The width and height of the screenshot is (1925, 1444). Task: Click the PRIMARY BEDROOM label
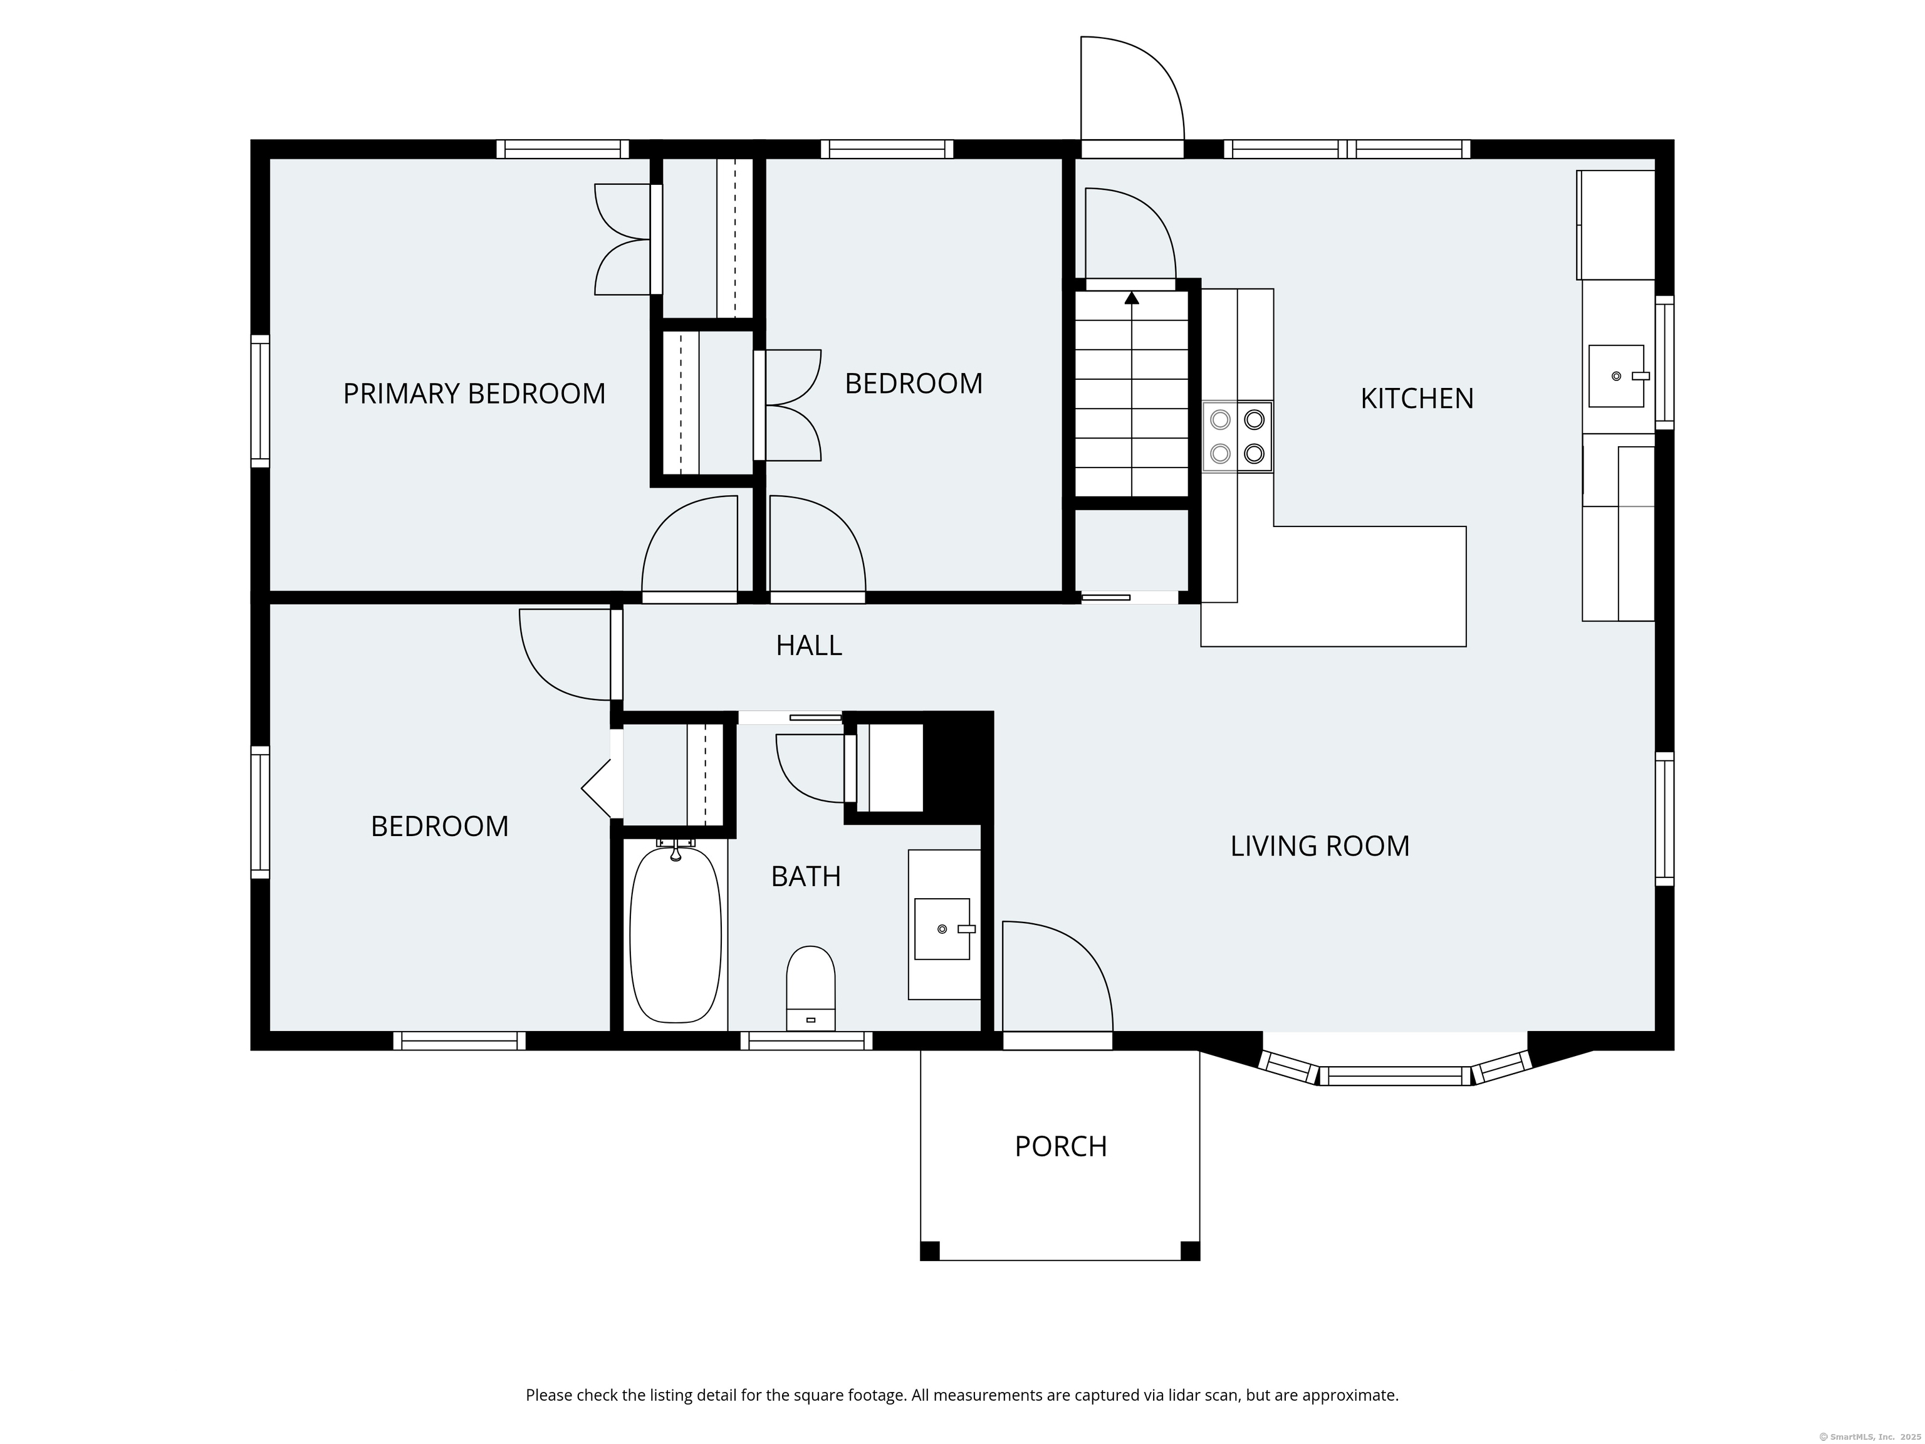click(x=474, y=394)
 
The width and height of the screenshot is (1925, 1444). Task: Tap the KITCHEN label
click(x=1417, y=399)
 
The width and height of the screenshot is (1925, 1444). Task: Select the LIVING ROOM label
click(x=1319, y=846)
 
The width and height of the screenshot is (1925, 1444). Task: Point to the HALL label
click(x=808, y=646)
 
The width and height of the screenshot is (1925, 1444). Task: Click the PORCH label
click(x=1061, y=1146)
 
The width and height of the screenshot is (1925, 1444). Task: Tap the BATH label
click(x=806, y=877)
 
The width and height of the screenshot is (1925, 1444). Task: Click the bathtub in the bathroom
click(x=676, y=933)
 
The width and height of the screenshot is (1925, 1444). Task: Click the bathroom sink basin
click(x=942, y=929)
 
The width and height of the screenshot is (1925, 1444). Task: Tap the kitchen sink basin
click(x=1616, y=376)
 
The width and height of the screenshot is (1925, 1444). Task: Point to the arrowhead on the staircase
click(x=1131, y=298)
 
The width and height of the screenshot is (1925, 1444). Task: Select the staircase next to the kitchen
click(x=1131, y=394)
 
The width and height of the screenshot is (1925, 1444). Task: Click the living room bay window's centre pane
click(x=1395, y=1076)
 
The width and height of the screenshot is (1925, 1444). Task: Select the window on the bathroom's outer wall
click(x=806, y=1040)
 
